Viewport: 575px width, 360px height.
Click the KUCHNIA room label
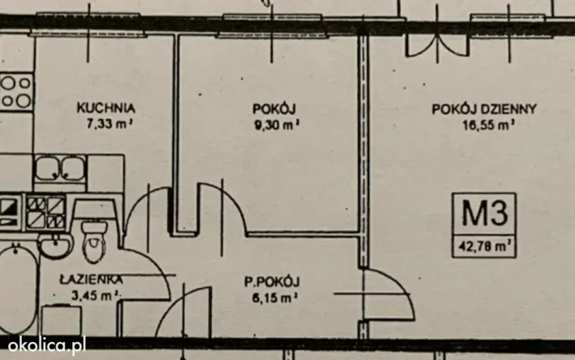tap(106, 108)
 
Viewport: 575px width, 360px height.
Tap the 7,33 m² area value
tap(109, 124)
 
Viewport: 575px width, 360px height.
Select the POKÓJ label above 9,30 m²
tap(274, 109)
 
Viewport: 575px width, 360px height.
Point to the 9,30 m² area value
tap(277, 125)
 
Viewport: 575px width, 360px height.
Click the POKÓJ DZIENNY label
tap(484, 109)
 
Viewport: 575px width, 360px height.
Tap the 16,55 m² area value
tap(488, 125)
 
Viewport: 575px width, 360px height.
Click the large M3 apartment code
tap(484, 213)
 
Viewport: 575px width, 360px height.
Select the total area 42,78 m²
tap(484, 246)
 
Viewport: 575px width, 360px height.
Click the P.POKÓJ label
tap(272, 282)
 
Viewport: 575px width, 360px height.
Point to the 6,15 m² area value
tap(274, 298)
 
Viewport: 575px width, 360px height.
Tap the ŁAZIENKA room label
tap(91, 280)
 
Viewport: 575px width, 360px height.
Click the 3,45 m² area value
tap(96, 295)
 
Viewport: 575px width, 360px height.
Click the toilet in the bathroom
tap(94, 241)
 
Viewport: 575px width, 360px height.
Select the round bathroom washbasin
tap(55, 246)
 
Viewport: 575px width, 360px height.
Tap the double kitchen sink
tap(60, 168)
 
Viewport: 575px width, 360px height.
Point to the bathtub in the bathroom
tap(17, 289)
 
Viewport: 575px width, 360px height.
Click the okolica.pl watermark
tap(46, 345)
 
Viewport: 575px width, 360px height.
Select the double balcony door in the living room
tap(437, 46)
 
